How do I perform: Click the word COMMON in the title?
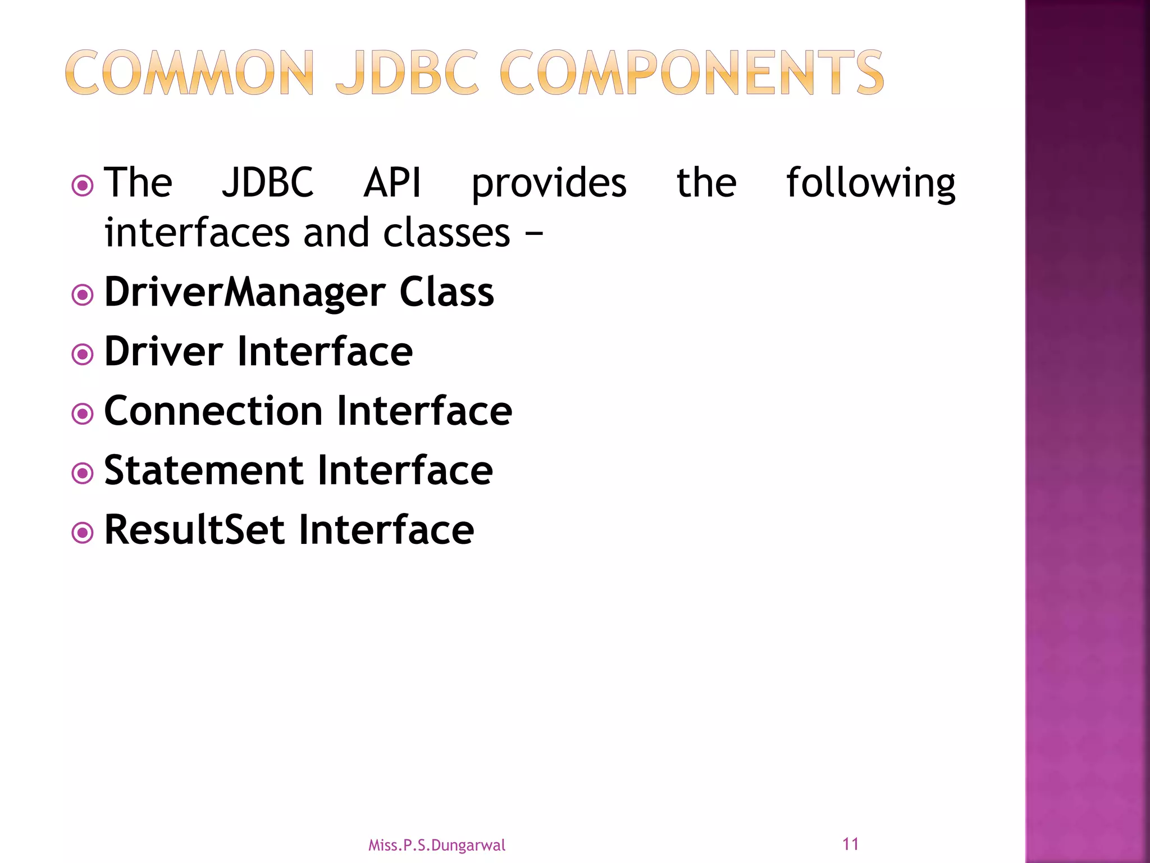(x=189, y=73)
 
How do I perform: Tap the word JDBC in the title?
(x=407, y=73)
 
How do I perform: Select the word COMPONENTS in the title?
(x=691, y=73)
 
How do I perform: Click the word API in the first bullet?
(x=392, y=183)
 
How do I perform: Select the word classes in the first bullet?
(x=446, y=233)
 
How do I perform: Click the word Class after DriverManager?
(x=446, y=292)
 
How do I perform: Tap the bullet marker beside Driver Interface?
(x=83, y=354)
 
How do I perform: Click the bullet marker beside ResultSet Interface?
(x=83, y=533)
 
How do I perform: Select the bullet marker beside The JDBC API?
(x=83, y=185)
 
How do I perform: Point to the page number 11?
(x=850, y=844)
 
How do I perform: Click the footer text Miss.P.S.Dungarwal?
(x=436, y=845)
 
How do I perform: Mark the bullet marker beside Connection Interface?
(x=83, y=414)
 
